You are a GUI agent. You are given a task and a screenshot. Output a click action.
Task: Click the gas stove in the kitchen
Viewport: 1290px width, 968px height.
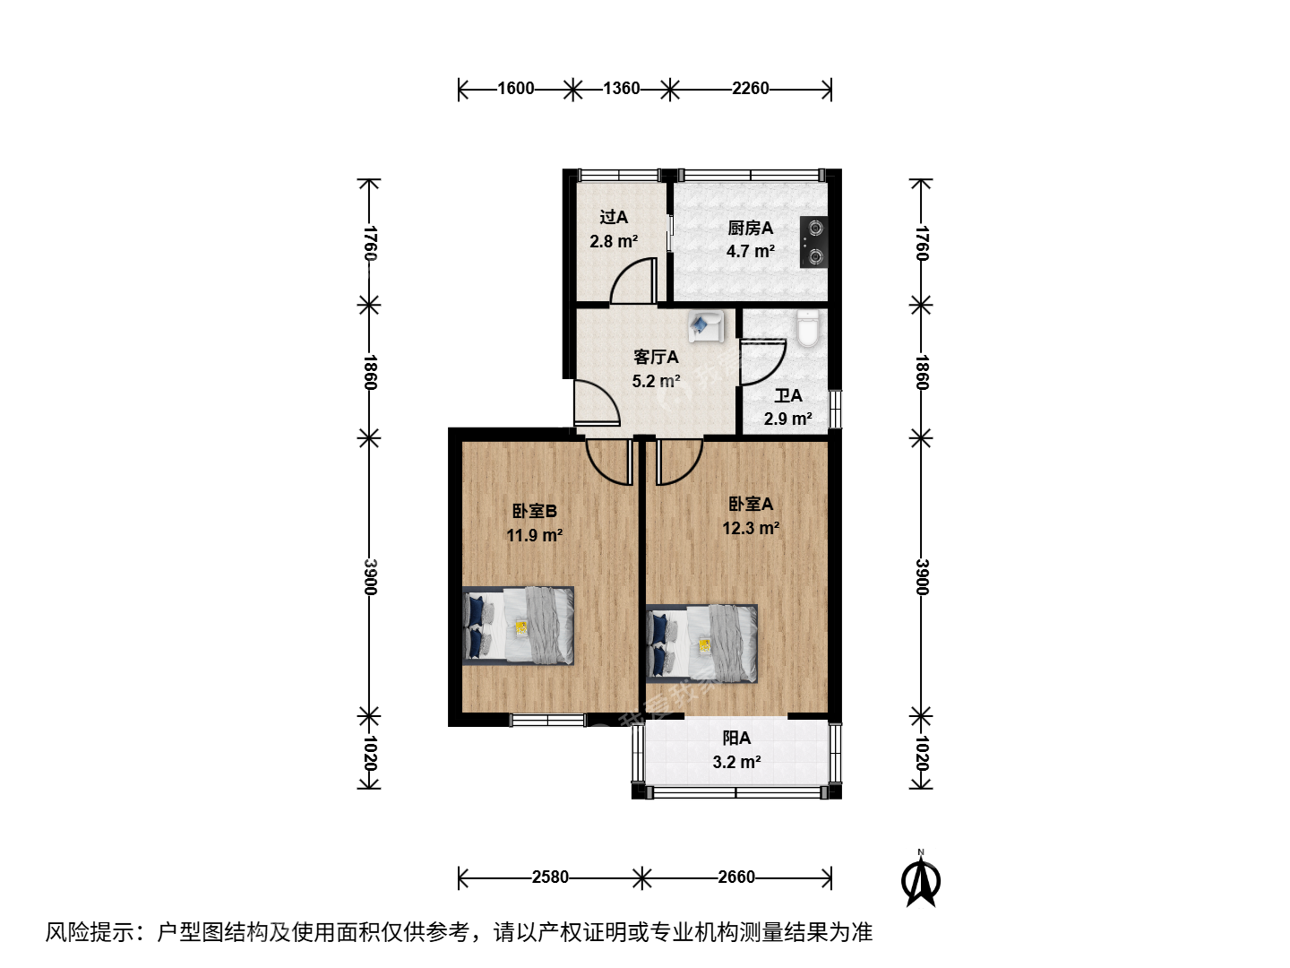(813, 242)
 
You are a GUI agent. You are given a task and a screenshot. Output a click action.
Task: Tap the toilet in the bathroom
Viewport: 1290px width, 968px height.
(808, 329)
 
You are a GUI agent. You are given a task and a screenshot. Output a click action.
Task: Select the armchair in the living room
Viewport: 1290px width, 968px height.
(706, 326)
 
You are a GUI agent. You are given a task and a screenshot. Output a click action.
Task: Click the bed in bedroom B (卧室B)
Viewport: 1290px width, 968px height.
(518, 626)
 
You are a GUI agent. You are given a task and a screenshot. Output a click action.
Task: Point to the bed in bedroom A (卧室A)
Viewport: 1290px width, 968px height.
(701, 644)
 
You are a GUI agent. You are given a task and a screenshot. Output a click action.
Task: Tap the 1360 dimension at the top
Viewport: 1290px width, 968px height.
(621, 88)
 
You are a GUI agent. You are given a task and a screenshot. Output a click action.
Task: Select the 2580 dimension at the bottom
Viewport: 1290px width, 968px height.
(550, 877)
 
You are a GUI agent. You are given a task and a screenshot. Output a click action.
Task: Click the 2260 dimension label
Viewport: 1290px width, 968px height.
(750, 88)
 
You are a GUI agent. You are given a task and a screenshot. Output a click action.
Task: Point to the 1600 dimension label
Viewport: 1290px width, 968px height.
(515, 88)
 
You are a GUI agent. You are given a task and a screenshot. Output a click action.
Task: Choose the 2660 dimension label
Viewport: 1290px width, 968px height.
(735, 877)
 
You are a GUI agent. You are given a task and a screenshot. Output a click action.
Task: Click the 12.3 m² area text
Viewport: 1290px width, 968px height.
(751, 528)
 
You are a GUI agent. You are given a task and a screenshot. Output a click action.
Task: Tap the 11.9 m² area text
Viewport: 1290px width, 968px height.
(534, 535)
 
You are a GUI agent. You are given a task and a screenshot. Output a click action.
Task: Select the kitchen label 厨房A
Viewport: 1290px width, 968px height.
(750, 228)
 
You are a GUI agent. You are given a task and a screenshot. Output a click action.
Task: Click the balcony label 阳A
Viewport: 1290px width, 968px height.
(736, 738)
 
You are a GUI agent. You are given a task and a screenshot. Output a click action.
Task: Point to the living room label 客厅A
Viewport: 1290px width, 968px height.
(656, 357)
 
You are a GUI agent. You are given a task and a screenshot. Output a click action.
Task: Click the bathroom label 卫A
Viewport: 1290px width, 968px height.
(787, 395)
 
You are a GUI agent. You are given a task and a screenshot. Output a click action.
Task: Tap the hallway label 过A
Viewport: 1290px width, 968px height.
(614, 217)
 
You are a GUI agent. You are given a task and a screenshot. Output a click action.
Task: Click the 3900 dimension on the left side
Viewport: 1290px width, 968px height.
(370, 576)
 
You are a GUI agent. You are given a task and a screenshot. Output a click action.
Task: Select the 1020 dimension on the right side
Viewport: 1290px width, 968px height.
(922, 754)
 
